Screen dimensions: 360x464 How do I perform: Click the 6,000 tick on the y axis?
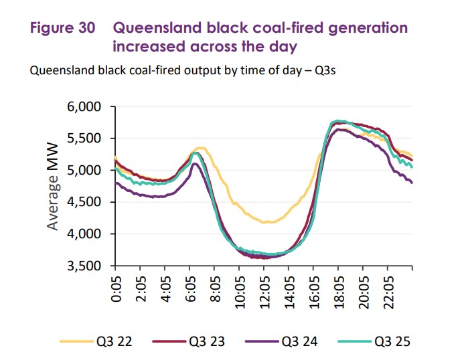(85, 107)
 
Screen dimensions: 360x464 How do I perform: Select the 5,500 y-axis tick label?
(85, 139)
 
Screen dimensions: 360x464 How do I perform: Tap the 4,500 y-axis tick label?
(85, 202)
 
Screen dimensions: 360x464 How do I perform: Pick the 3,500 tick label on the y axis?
(85, 266)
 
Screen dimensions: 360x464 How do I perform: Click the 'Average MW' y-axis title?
(54, 186)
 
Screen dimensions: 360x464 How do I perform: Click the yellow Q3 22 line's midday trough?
(266, 222)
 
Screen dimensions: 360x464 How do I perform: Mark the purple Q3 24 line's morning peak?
(195, 164)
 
